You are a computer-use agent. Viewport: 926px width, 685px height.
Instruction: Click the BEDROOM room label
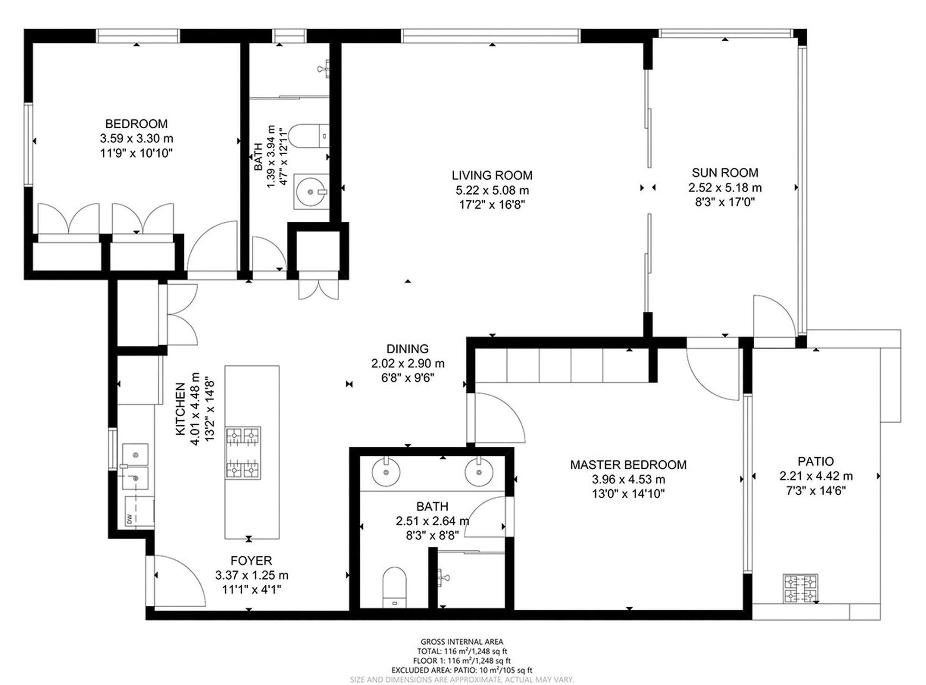(136, 124)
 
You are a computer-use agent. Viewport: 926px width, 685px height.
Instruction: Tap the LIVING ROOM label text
(492, 176)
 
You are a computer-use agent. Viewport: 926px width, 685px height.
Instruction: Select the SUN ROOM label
(725, 173)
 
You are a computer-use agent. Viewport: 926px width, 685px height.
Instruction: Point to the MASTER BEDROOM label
(628, 465)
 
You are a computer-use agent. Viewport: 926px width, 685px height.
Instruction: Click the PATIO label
(815, 461)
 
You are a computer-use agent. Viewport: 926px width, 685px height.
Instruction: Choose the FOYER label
(251, 561)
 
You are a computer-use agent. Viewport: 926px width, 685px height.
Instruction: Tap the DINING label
(407, 349)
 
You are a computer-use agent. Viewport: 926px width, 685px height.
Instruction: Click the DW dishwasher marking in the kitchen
(130, 519)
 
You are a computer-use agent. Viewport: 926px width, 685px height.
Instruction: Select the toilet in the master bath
(394, 587)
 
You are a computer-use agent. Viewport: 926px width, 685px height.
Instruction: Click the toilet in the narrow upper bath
(308, 136)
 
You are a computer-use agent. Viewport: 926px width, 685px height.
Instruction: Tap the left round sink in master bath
(386, 472)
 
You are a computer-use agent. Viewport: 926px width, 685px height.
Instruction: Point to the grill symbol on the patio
(801, 589)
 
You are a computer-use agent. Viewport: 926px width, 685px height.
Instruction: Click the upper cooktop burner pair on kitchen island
(243, 436)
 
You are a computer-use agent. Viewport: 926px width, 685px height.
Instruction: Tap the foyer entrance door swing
(180, 581)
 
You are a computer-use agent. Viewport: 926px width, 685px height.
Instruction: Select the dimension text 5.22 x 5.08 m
(492, 190)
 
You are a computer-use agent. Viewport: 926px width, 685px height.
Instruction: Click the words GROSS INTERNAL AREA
(462, 642)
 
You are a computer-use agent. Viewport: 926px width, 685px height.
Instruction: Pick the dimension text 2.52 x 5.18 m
(725, 188)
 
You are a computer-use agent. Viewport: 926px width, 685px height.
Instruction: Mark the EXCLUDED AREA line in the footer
(462, 670)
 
